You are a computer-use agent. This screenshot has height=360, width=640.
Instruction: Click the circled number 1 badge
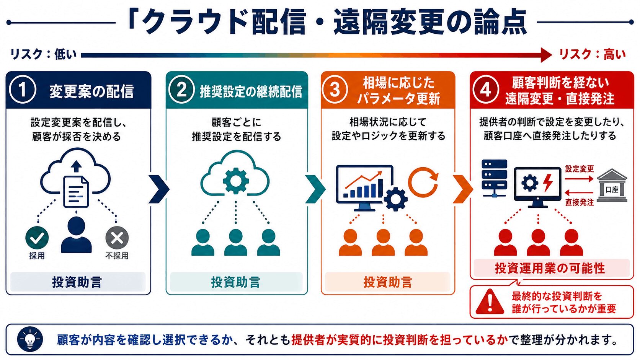point(23,90)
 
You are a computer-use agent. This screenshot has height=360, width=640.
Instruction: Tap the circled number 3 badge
point(335,90)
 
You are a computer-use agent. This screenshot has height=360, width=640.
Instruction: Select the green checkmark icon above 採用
point(37,238)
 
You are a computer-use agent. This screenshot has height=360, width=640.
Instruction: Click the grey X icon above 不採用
point(117,238)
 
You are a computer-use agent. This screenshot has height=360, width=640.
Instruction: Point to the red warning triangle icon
point(490,302)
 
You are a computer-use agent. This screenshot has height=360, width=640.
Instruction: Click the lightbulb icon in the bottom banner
point(30,340)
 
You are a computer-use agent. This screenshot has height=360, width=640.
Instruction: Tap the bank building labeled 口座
point(612,185)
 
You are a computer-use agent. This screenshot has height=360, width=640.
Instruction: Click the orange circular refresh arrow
point(423,182)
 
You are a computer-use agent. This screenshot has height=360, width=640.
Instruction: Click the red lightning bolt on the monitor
point(548,183)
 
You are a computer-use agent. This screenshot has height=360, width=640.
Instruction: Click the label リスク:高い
point(592,54)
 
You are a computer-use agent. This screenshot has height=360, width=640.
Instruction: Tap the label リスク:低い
point(43,54)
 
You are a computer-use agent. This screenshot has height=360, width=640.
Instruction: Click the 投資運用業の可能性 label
point(550,268)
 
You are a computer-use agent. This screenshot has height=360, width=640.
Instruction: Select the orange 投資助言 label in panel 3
point(388,282)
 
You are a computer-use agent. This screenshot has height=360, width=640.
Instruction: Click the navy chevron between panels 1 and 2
point(159,189)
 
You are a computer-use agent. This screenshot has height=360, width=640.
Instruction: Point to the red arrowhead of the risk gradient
point(546,55)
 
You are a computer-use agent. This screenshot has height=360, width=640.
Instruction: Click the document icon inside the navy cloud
point(76,192)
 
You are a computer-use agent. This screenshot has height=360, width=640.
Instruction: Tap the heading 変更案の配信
point(91,92)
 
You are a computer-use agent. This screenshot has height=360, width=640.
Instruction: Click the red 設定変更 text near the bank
point(580,169)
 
